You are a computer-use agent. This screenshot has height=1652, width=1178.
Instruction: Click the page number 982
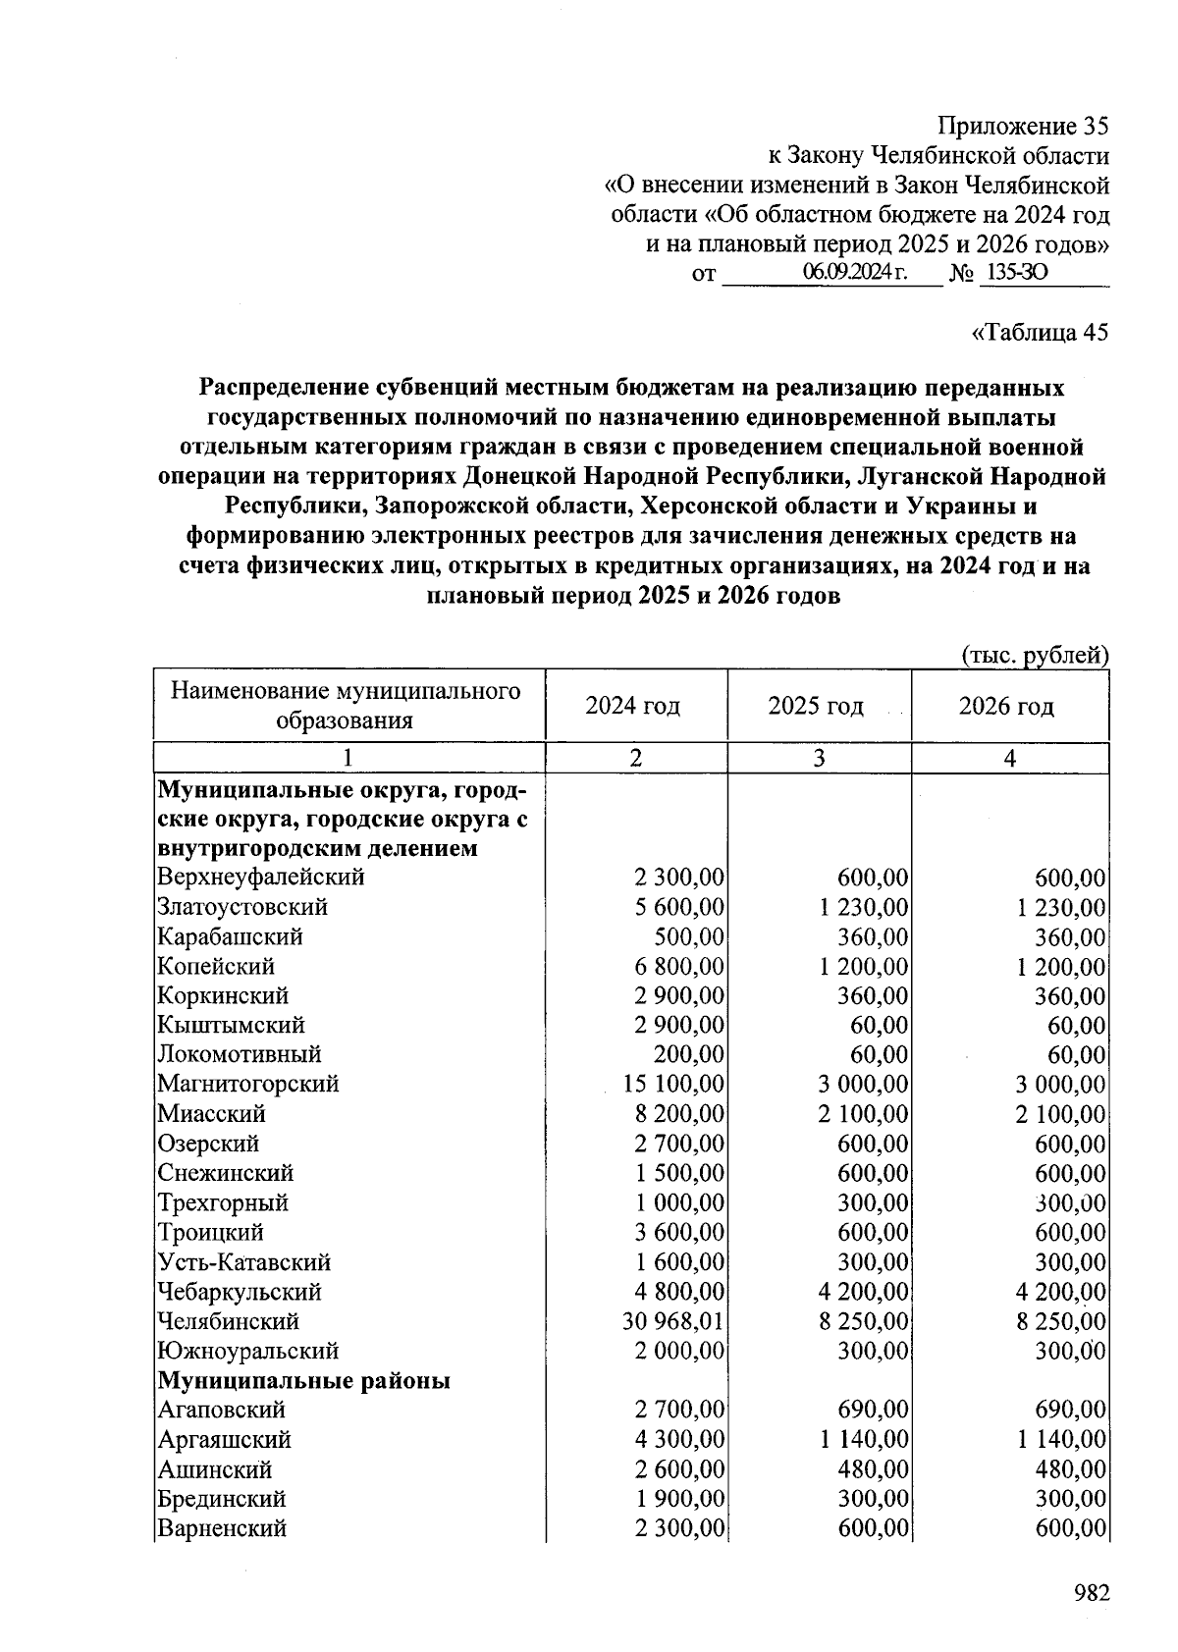tap(1091, 1592)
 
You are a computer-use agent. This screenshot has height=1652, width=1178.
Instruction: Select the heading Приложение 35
tap(1023, 127)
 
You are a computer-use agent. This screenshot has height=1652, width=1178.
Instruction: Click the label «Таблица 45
tap(1039, 332)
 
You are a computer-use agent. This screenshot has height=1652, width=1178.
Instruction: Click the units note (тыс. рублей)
tap(1035, 655)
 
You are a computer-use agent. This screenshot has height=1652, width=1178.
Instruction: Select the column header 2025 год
tap(816, 706)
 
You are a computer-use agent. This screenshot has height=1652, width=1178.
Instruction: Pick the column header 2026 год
tap(1006, 706)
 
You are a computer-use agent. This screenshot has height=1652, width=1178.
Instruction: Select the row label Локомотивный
tap(240, 1054)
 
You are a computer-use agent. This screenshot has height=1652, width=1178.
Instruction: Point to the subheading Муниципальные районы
tap(304, 1380)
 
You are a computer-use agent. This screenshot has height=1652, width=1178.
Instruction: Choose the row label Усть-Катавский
tap(244, 1262)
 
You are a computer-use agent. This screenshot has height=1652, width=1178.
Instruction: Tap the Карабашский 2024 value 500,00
tap(689, 936)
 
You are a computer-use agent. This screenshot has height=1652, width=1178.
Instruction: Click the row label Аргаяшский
tap(225, 1440)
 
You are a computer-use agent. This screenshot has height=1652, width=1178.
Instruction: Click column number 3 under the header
tap(818, 758)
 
